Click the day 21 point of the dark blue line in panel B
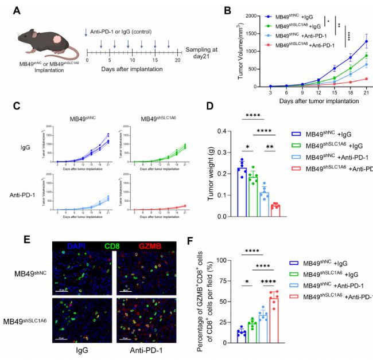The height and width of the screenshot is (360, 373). coord(366,41)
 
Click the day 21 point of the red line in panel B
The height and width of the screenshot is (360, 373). coord(366,79)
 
